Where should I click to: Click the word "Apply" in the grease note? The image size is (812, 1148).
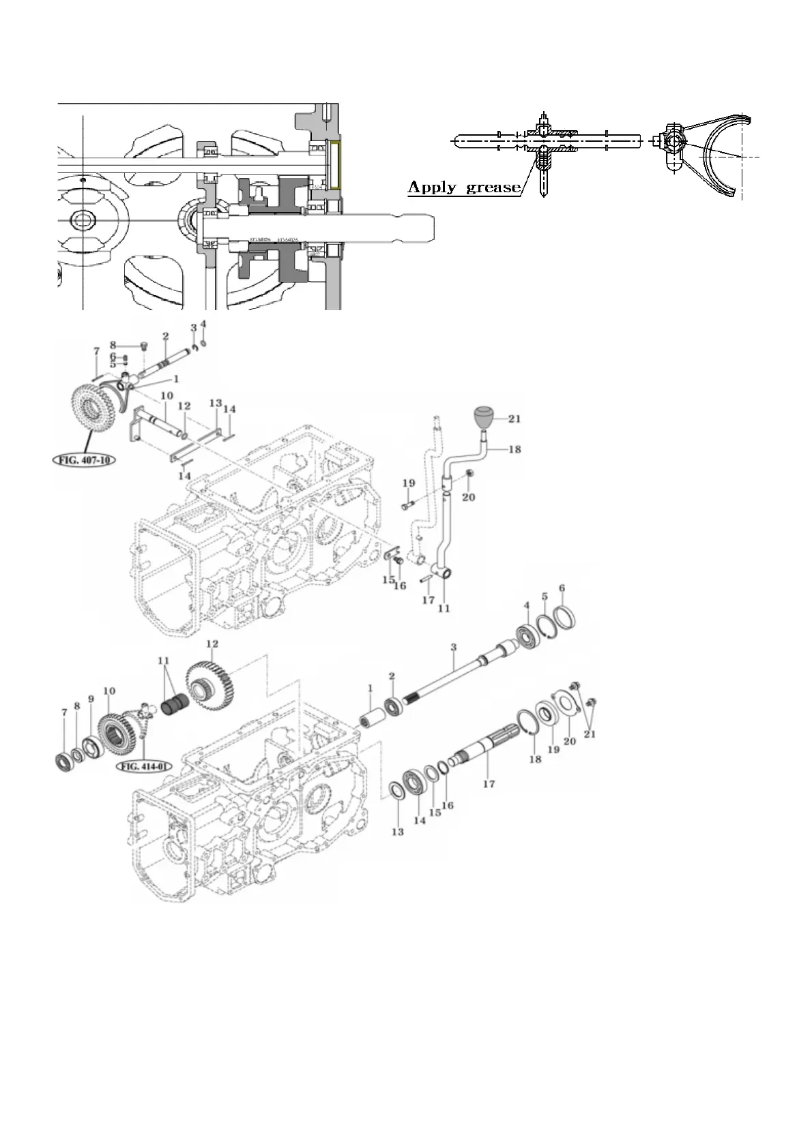pos(433,187)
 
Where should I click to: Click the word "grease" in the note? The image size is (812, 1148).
pos(493,188)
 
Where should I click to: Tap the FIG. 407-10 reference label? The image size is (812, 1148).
pos(84,459)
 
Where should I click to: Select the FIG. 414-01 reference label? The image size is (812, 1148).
pos(145,766)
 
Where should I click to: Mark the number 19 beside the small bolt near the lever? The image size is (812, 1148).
pos(409,483)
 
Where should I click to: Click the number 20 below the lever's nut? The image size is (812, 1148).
pos(468,497)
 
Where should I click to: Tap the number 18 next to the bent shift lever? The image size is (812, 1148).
pos(514,450)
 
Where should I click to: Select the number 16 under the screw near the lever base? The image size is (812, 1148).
pos(401,586)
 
